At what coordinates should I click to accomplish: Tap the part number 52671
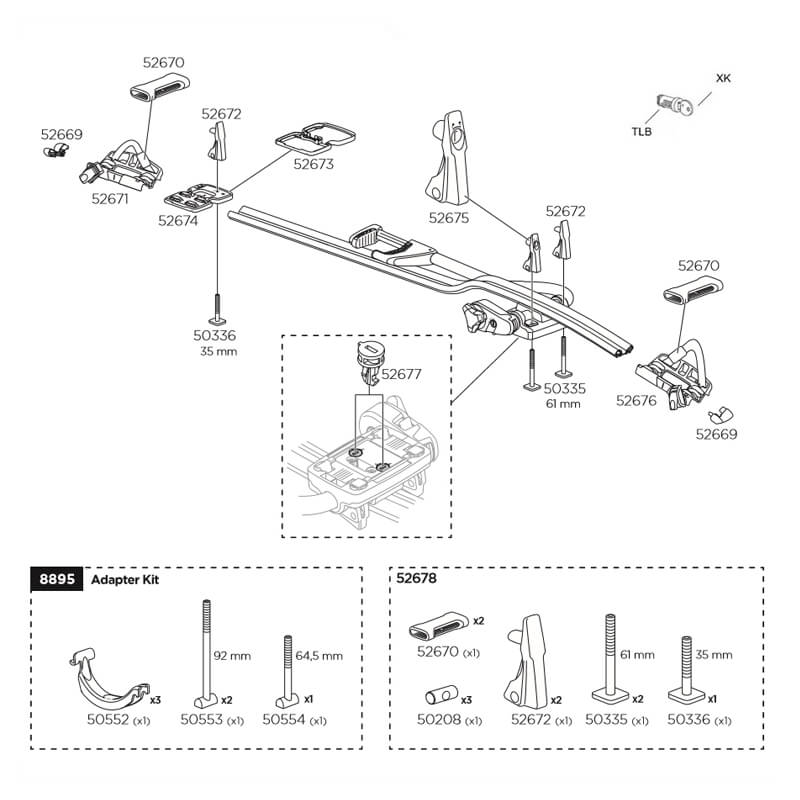[x=110, y=199]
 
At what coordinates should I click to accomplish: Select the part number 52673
[x=313, y=165]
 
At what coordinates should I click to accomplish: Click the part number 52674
[x=178, y=221]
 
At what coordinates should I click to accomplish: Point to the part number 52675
[x=449, y=216]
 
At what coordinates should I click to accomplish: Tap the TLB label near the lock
[x=641, y=131]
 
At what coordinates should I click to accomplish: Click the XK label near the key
[x=722, y=77]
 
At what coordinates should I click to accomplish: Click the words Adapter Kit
[x=125, y=580]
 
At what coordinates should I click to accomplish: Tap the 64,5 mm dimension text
[x=320, y=656]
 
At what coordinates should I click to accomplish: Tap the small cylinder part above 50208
[x=439, y=692]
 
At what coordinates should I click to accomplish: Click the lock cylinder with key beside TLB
[x=671, y=101]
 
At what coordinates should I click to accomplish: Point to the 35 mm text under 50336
[x=217, y=352]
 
